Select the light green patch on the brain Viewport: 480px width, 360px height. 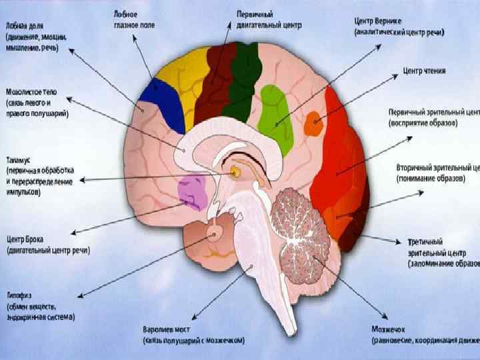pos(275,113)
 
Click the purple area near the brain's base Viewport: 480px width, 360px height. pos(193,193)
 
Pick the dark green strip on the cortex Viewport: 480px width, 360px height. pos(243,73)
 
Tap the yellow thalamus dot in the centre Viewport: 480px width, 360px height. pos(235,173)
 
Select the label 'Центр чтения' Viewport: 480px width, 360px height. pos(425,70)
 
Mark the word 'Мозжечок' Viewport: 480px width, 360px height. pos(389,329)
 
